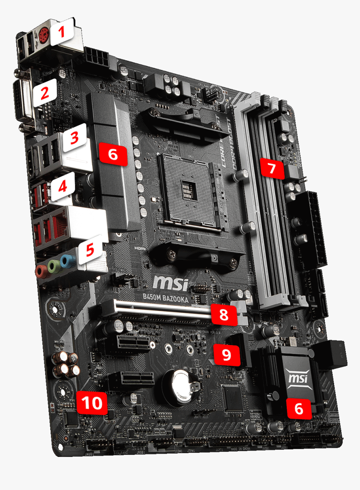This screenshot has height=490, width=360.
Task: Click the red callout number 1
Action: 62,32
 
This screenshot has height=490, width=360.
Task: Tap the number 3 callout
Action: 74,138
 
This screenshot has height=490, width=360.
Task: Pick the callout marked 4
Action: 62,186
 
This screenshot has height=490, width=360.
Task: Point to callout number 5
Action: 90,250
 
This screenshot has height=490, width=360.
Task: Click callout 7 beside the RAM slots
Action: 271,168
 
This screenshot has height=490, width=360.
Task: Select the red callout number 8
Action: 224,315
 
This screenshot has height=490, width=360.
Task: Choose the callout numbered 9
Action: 226,355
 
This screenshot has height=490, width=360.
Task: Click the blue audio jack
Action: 66,260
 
